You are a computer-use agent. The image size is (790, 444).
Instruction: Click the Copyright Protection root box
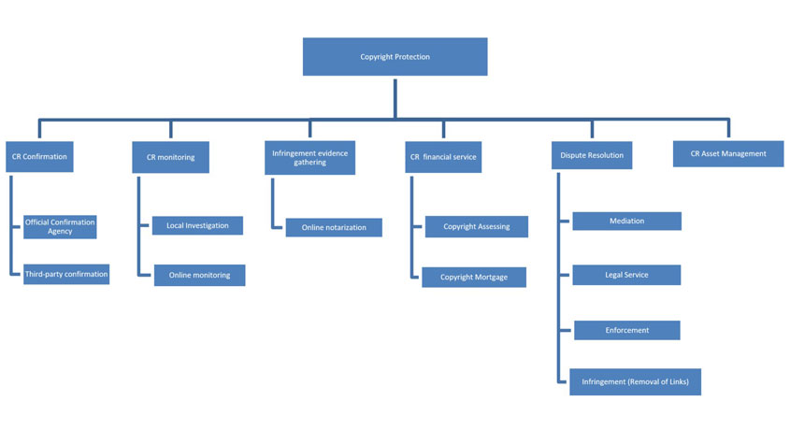(x=395, y=56)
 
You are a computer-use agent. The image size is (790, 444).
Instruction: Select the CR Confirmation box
(x=39, y=157)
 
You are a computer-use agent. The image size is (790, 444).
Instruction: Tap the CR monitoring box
(x=170, y=157)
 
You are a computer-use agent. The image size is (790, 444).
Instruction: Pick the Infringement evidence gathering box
(x=309, y=158)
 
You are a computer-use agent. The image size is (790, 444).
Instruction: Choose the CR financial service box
(x=443, y=157)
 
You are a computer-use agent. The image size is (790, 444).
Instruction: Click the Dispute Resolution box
(x=592, y=155)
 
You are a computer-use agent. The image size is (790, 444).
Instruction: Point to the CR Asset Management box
(x=728, y=153)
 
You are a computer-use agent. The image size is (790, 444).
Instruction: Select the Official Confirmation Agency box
(x=60, y=227)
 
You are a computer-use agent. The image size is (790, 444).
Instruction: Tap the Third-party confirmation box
(x=66, y=274)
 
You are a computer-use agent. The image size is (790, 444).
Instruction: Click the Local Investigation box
(x=197, y=226)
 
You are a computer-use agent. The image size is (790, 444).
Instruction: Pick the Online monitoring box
(x=199, y=275)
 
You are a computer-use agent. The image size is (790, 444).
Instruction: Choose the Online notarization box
(x=334, y=227)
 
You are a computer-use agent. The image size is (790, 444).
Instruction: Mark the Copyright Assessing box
(x=477, y=227)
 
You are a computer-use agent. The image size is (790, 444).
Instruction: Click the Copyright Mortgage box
(x=474, y=278)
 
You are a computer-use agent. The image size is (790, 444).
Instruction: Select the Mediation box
(x=626, y=221)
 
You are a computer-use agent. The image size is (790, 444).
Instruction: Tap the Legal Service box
(x=626, y=275)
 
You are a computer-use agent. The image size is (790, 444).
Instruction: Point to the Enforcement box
(x=627, y=330)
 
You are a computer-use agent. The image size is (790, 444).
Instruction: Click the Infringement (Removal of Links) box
(x=636, y=382)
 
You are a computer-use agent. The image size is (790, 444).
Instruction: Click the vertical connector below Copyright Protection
(x=395, y=98)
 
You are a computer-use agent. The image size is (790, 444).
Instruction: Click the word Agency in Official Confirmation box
(x=60, y=231)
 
